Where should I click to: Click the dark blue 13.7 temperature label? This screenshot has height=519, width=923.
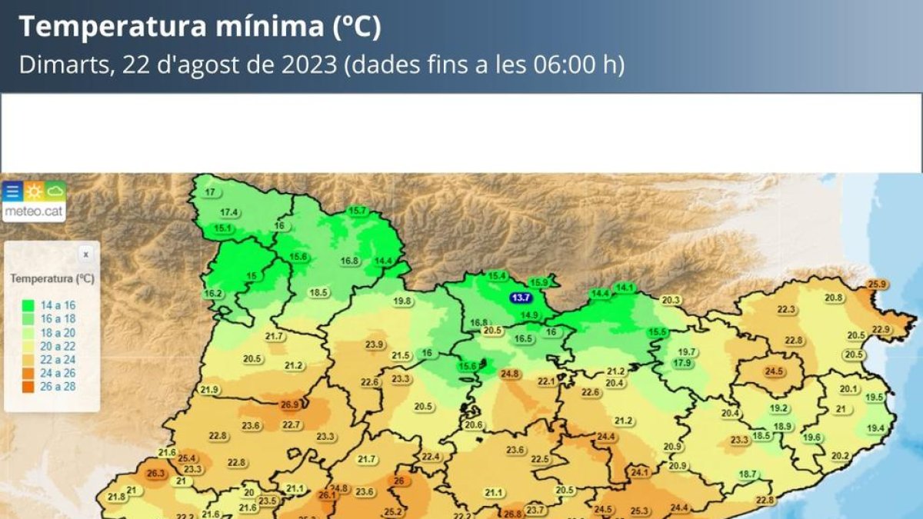521,298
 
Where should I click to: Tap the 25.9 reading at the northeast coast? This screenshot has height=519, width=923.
878,284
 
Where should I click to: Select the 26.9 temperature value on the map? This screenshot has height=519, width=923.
290,404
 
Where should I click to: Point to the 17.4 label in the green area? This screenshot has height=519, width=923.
229,212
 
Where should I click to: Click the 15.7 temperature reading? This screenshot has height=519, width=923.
358,211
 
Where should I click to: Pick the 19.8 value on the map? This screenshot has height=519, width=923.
402,301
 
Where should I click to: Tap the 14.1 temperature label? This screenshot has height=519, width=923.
625,288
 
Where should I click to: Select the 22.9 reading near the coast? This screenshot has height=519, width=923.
881,329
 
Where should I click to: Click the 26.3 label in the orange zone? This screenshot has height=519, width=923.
156,474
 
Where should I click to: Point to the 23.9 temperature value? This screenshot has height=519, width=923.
375,344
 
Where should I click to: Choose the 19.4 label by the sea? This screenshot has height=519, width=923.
876,428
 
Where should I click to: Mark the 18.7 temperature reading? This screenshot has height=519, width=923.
748,474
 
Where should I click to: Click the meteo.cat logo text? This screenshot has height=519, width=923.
34,211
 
